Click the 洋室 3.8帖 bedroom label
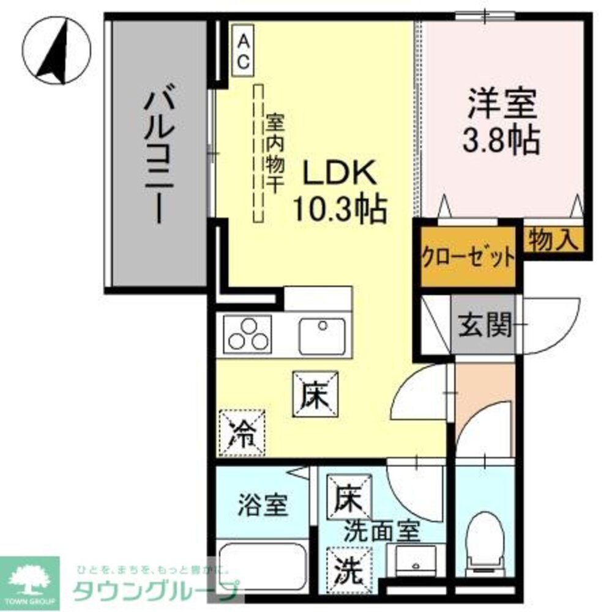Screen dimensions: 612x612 click(x=503, y=121)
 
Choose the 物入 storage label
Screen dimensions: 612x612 click(x=553, y=239)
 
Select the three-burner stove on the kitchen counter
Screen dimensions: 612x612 click(x=247, y=334)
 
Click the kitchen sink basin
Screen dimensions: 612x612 click(x=321, y=335)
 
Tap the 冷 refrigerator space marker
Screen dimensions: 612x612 click(x=242, y=433)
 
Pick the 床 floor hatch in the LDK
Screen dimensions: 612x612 click(x=315, y=395)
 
